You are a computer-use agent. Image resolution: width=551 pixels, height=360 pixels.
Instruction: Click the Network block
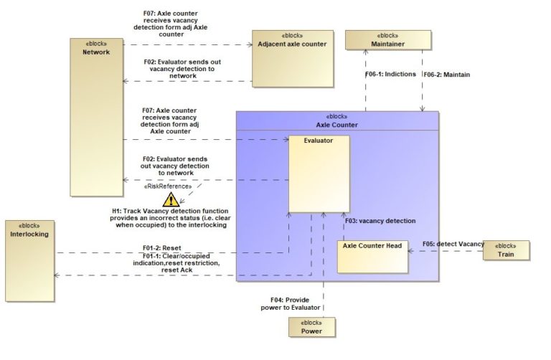pyautogui.click(x=96, y=115)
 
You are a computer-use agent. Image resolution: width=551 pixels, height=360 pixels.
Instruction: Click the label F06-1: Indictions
pyautogui.click(x=390, y=74)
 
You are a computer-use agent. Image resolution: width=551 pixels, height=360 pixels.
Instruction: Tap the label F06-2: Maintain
pyautogui.click(x=448, y=74)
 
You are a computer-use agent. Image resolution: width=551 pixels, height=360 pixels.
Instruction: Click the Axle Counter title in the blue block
pyautogui.click(x=337, y=123)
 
